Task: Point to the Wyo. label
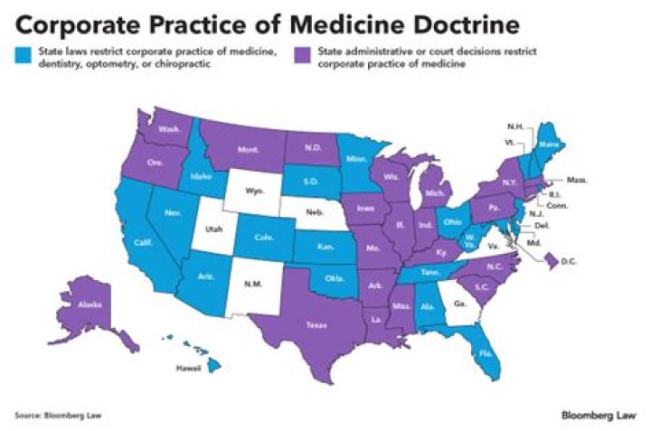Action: pos(250,192)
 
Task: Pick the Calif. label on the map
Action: pos(143,243)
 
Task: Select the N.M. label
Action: pos(253,284)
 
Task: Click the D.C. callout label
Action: pos(570,262)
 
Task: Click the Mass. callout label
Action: pos(577,181)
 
